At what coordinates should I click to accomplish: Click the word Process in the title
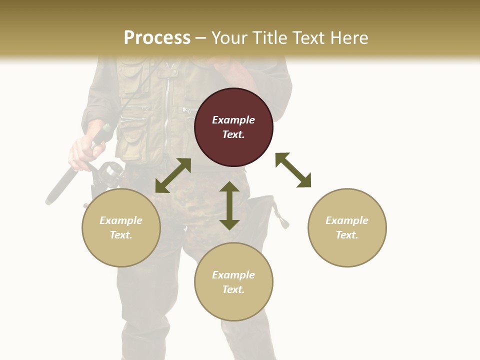pos(157,38)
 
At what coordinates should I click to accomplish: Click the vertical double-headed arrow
pos(229,205)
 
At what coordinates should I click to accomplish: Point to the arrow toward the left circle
pos(173,175)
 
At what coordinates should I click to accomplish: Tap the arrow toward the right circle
pos(293,170)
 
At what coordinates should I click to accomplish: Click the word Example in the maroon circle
pos(233,120)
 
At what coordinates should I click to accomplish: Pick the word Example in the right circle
pos(347,220)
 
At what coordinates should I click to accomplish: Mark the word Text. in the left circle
pos(121,235)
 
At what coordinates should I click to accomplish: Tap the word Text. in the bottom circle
pos(233,289)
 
